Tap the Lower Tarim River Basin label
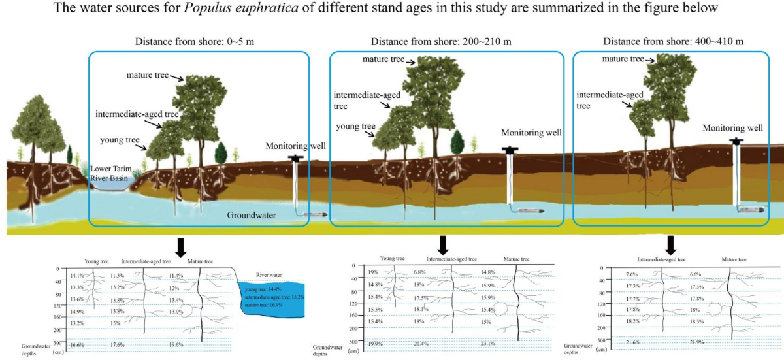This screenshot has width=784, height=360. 110,172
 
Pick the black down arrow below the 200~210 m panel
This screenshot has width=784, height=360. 443,245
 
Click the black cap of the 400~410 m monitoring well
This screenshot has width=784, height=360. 738,140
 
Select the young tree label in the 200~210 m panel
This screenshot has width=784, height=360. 355,126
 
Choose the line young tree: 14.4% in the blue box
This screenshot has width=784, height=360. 265,289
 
